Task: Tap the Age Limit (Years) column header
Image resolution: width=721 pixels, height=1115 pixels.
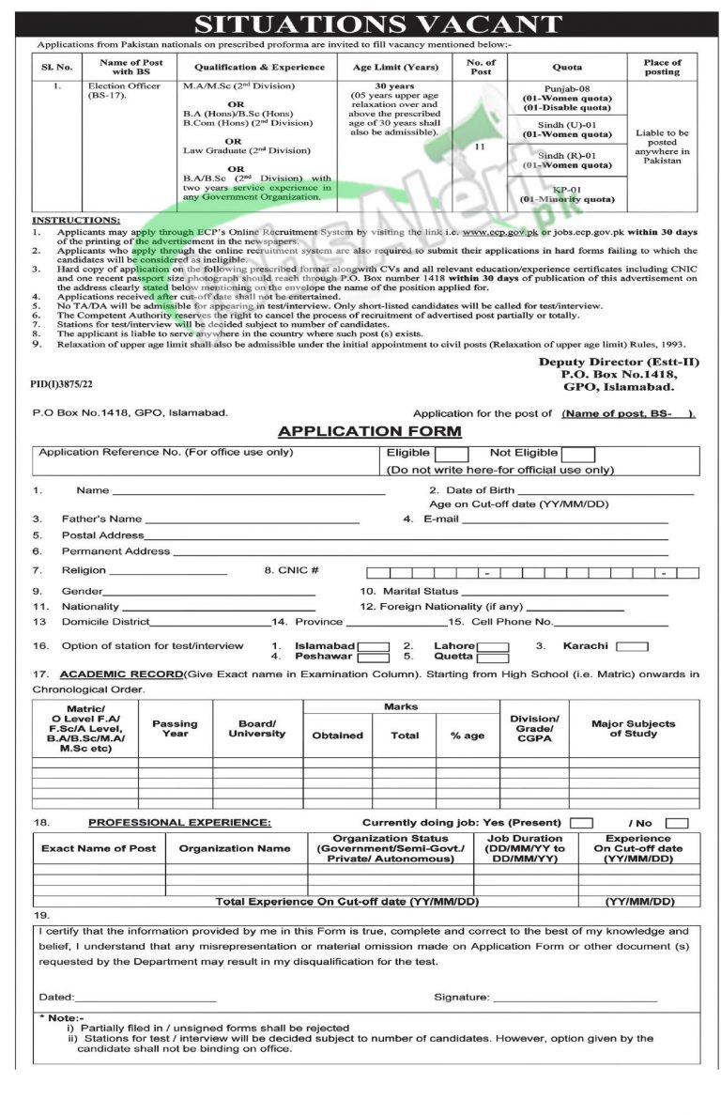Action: coord(394,68)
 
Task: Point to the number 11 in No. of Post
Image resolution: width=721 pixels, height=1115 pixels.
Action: coord(480,147)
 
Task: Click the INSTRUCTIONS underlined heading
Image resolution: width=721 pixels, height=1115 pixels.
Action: coord(74,219)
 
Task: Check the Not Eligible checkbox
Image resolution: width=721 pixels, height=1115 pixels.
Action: coord(578,454)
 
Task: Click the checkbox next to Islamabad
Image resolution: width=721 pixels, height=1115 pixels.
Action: coord(373,646)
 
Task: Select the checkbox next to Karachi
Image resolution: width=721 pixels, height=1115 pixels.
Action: coord(632,646)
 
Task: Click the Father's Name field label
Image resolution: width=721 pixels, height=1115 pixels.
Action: coord(101,519)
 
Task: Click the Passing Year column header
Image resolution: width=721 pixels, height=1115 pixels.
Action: coord(175,729)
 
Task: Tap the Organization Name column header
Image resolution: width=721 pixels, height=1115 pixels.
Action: coord(235,848)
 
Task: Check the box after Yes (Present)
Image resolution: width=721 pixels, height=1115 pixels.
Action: coord(581,823)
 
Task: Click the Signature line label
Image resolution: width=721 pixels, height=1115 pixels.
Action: coord(461,997)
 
